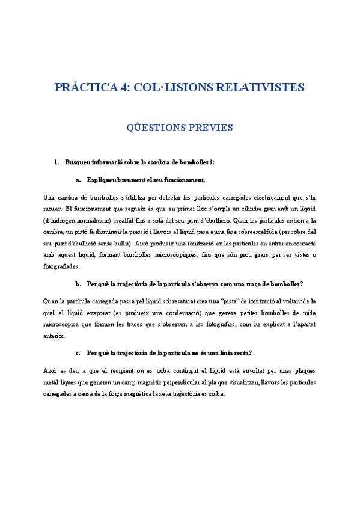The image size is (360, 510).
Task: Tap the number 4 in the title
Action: coord(124,87)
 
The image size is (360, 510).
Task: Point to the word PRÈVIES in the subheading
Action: coord(211,127)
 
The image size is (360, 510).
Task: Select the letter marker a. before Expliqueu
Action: coord(79,179)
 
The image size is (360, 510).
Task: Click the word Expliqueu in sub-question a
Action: coord(103,179)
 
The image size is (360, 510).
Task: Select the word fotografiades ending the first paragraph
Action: coord(61,266)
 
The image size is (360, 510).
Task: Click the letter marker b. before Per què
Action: coord(79,283)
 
